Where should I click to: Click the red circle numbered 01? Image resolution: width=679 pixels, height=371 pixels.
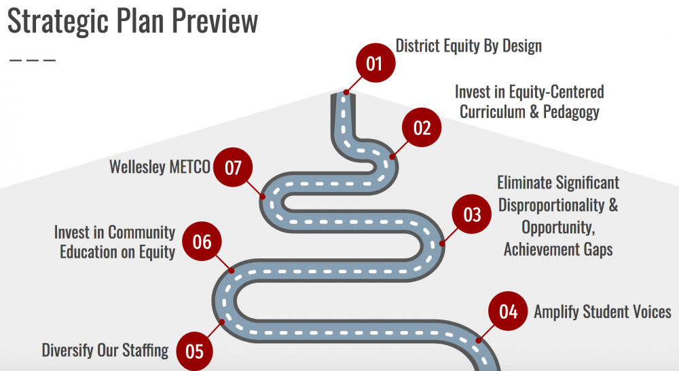click(x=375, y=62)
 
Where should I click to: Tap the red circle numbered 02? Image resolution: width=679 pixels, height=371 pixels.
click(x=422, y=128)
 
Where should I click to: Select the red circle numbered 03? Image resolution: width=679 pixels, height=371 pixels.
click(x=472, y=214)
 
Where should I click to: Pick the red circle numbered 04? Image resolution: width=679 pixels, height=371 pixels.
click(x=508, y=311)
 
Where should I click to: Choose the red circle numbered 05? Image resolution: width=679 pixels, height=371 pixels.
click(x=194, y=351)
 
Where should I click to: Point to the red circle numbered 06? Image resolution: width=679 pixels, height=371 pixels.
click(x=202, y=241)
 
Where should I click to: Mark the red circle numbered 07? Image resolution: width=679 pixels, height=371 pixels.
click(x=233, y=168)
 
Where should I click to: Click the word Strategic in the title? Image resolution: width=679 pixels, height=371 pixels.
click(x=58, y=21)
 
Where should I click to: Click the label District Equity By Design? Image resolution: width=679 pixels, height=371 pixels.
click(x=469, y=46)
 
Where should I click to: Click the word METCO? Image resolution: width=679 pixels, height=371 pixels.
click(x=189, y=167)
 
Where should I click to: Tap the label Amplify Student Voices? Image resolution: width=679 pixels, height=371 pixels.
click(x=602, y=312)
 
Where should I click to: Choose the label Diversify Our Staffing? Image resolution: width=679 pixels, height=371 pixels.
click(x=105, y=350)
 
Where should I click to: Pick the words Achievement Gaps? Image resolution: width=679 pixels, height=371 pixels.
click(x=558, y=250)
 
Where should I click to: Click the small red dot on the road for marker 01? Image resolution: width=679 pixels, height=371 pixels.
click(x=346, y=92)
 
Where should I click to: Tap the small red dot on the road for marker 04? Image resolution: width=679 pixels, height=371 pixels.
click(x=479, y=340)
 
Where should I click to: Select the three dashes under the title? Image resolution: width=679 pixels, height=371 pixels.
click(x=33, y=60)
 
